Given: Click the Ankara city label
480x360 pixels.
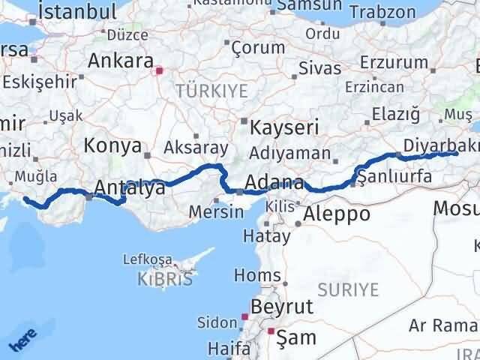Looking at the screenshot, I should [119, 61].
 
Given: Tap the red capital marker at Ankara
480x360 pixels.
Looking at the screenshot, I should [159, 71].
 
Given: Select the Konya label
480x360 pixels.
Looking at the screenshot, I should [113, 145].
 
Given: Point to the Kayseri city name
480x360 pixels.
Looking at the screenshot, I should [284, 127].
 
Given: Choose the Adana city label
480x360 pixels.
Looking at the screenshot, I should [274, 183].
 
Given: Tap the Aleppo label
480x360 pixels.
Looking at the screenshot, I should [337, 214].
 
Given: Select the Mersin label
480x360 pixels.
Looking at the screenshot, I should [215, 211].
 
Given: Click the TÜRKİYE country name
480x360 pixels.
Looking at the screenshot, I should [201, 91].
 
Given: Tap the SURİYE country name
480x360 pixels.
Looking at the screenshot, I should [348, 288].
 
